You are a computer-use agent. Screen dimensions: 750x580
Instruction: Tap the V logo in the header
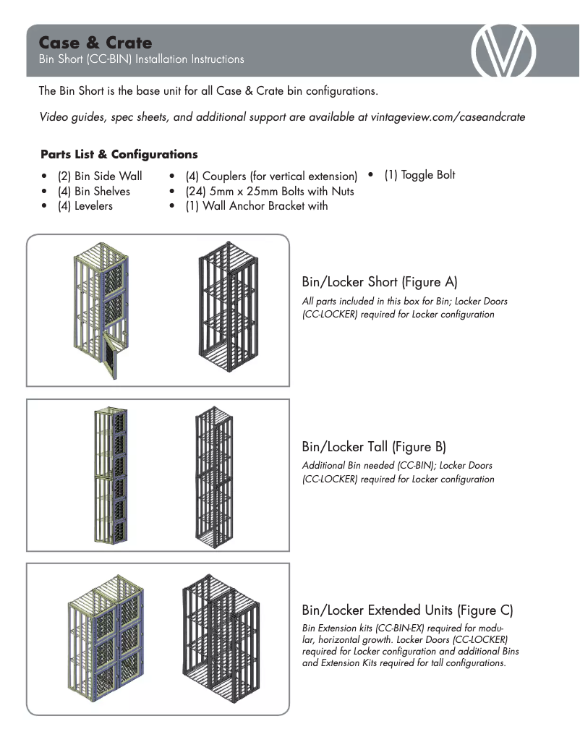(x=503, y=51)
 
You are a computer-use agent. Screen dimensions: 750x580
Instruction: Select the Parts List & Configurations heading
(x=119, y=154)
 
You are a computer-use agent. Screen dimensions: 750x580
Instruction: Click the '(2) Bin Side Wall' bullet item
(x=100, y=176)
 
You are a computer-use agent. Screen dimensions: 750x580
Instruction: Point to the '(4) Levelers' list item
(x=85, y=206)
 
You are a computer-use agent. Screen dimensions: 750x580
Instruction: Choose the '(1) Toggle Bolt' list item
(x=419, y=175)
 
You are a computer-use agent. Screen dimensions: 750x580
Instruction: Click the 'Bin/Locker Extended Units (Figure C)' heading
(x=407, y=610)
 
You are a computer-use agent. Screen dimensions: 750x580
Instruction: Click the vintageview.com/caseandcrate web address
(x=446, y=116)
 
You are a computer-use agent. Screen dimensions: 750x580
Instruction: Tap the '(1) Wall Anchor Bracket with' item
(x=256, y=206)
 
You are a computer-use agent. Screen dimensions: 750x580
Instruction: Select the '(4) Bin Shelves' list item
(x=93, y=191)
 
